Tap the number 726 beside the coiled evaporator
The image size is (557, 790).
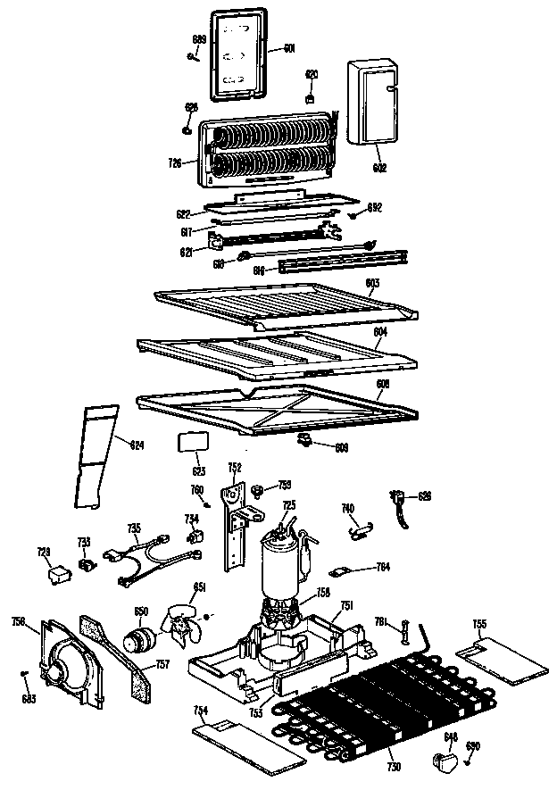tap(175, 162)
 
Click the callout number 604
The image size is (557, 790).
tap(380, 331)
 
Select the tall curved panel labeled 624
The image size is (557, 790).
tap(96, 455)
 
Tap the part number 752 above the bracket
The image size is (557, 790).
tap(235, 467)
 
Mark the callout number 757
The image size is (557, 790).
tap(162, 664)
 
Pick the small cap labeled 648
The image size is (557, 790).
tap(443, 760)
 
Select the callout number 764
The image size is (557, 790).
tap(383, 566)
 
